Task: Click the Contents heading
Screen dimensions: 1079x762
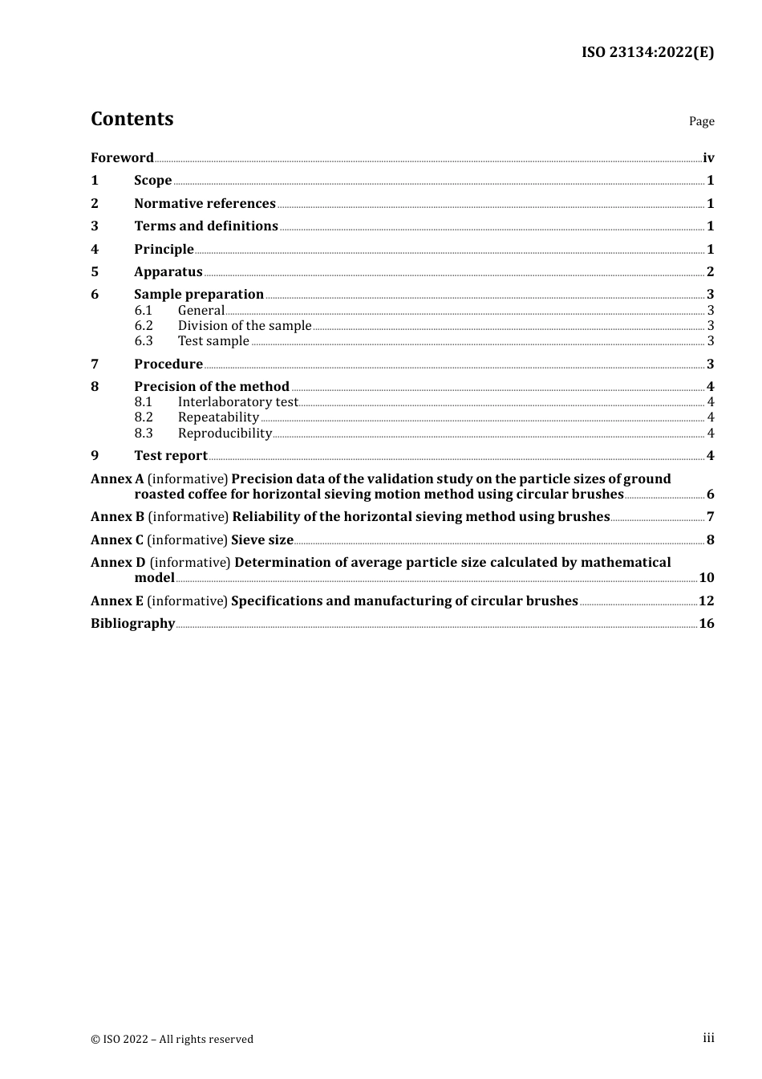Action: click(132, 119)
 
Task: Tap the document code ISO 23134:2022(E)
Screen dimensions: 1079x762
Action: click(647, 52)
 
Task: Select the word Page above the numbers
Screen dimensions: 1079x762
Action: click(701, 121)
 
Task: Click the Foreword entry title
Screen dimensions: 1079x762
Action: click(122, 157)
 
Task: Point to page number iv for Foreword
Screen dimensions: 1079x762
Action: click(708, 157)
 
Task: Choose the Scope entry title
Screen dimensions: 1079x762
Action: click(152, 181)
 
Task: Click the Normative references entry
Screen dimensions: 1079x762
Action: click(205, 204)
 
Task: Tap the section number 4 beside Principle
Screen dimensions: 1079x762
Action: click(95, 250)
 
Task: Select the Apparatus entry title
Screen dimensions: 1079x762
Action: click(168, 272)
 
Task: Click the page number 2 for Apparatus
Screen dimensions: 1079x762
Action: click(710, 272)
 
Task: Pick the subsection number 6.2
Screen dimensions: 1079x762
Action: click(144, 326)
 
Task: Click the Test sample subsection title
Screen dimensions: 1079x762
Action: click(213, 341)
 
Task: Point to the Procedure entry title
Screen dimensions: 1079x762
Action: click(168, 364)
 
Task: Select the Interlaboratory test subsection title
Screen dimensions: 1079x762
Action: click(237, 402)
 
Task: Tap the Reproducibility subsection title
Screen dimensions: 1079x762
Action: click(225, 434)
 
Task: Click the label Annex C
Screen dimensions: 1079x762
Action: click(117, 540)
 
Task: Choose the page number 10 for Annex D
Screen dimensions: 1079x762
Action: click(706, 578)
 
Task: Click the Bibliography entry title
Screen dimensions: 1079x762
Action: click(132, 624)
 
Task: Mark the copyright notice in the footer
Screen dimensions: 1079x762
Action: click(172, 1040)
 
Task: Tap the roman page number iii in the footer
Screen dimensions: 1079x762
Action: click(708, 1038)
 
